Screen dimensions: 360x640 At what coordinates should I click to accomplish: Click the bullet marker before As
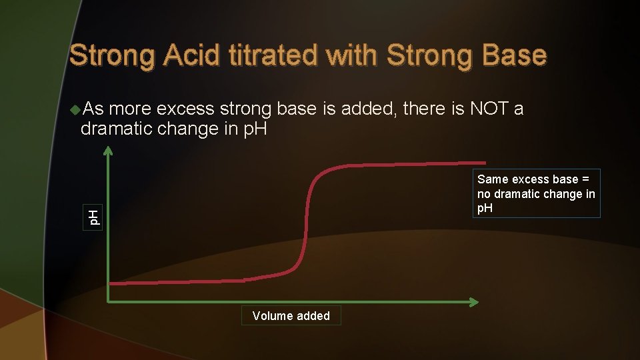click(75, 109)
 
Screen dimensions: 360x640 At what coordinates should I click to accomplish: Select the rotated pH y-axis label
click(95, 216)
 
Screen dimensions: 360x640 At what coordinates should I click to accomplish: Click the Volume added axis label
click(291, 316)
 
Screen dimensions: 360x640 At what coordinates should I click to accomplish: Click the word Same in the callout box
click(493, 179)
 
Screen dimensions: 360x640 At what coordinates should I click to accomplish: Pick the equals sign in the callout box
click(586, 179)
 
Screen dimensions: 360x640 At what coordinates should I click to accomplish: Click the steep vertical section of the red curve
click(307, 220)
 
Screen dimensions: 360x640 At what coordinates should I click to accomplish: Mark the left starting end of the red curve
click(111, 283)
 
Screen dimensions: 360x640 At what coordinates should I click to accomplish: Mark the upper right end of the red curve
click(484, 161)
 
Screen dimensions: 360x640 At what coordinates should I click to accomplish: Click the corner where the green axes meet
click(109, 302)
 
